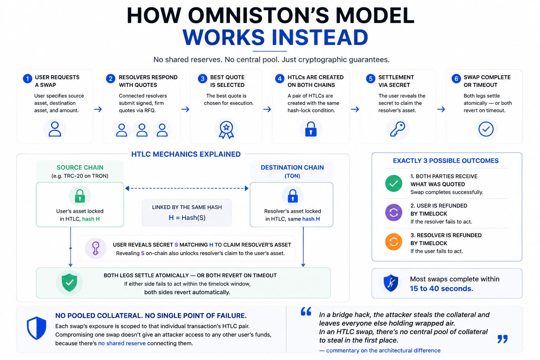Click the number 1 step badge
click(27, 79)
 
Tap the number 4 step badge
click(279, 79)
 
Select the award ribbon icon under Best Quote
click(226, 129)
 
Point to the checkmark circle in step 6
click(486, 129)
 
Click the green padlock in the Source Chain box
click(80, 196)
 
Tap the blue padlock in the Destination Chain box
click(292, 196)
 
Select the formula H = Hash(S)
click(187, 218)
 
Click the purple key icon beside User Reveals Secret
click(96, 248)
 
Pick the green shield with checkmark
click(69, 283)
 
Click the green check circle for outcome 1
click(394, 184)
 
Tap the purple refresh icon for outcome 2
click(394, 213)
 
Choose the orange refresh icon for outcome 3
click(394, 242)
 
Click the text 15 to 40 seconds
click(442, 289)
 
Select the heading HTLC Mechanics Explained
click(186, 154)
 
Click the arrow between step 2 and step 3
click(185, 109)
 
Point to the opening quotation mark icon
click(306, 311)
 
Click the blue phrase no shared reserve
click(122, 343)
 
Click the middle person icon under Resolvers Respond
click(142, 130)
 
